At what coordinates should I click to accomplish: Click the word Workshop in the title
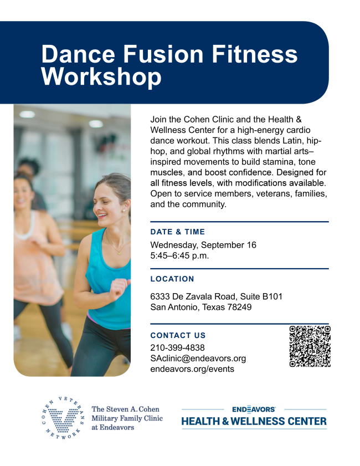click(x=101, y=76)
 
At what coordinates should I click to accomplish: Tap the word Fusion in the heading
click(x=163, y=54)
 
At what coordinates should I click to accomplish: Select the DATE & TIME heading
click(x=178, y=232)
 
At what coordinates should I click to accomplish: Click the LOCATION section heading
click(x=172, y=279)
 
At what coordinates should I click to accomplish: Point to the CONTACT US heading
click(x=178, y=335)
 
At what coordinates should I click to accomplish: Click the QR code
click(x=310, y=346)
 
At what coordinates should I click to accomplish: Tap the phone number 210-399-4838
click(x=177, y=347)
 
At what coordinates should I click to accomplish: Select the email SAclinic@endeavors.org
click(x=198, y=359)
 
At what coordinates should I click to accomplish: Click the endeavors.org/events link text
click(x=192, y=369)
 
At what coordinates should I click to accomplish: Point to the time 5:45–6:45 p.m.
click(x=179, y=255)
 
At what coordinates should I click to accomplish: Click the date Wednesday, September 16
click(x=203, y=245)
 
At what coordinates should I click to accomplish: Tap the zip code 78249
click(x=239, y=307)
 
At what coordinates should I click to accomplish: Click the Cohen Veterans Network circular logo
click(x=63, y=418)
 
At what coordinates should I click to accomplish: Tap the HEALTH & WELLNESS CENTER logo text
click(x=254, y=421)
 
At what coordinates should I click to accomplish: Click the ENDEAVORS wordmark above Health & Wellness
click(x=254, y=409)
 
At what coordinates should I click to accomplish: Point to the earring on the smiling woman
click(x=124, y=211)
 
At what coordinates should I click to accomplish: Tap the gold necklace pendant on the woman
click(x=120, y=253)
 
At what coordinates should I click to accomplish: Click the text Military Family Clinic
click(x=127, y=418)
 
